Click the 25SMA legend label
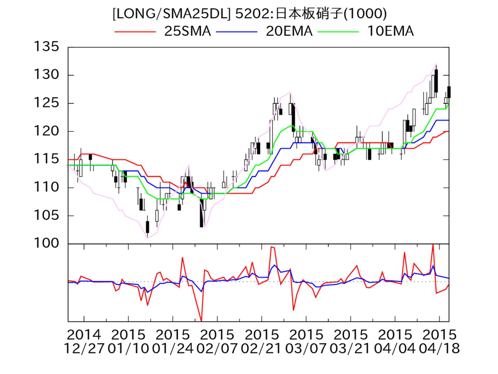pos(187,31)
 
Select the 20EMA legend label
pos(289,31)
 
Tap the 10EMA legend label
pos(390,31)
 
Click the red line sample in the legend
pos(135,32)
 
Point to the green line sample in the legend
pos(338,32)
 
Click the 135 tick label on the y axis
pos(46,47)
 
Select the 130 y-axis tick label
pos(46,75)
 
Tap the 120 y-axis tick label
pos(46,131)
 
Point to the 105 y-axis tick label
pos(46,215)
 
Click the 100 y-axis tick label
pos(46,243)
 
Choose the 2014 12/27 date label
pos(84,342)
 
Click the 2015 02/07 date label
pos(217,342)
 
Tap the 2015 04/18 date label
pos(439,342)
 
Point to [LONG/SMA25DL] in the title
pos(171,14)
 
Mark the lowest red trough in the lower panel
pos(202,320)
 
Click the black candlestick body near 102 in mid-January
pos(148,227)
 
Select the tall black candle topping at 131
pos(436,81)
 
